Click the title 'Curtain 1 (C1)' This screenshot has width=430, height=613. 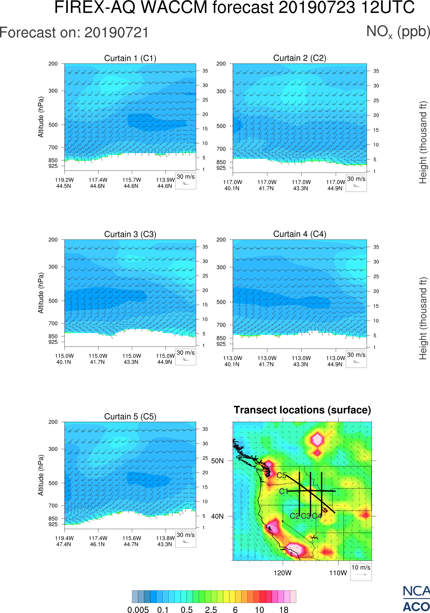tap(130, 58)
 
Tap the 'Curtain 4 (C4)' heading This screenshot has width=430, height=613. tap(300, 234)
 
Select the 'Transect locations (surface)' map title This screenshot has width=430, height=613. tap(302, 410)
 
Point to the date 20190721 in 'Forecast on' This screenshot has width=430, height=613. tap(117, 33)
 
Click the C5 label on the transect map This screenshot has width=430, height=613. tap(281, 475)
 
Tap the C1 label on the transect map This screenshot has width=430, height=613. tap(283, 491)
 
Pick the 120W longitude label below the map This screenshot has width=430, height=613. tap(282, 573)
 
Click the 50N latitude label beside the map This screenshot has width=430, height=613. tap(217, 461)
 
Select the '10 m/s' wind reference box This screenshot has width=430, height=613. tap(361, 571)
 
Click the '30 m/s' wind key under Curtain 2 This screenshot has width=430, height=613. tap(356, 183)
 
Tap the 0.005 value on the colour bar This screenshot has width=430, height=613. tap(138, 609)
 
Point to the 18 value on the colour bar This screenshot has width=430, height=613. tap(283, 609)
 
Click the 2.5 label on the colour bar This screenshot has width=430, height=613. tap(211, 609)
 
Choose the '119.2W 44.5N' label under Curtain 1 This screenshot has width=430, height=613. tap(64, 183)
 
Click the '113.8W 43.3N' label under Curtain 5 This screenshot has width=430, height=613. tap(165, 541)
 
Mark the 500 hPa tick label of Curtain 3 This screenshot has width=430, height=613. tap(53, 301)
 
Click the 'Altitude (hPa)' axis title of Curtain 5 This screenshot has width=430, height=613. tap(41, 475)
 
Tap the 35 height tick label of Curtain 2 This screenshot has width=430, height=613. tap(376, 71)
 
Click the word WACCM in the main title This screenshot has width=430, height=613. tap(174, 7)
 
